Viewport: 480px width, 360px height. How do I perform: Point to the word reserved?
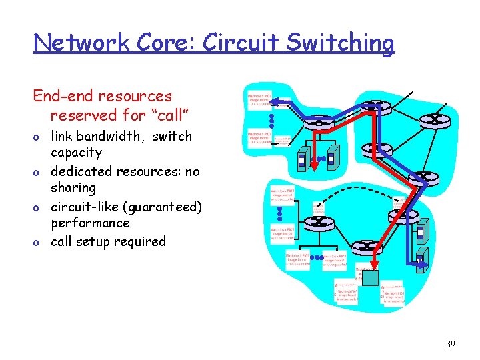tap(83, 115)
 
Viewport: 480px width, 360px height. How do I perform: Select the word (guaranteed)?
tap(159, 207)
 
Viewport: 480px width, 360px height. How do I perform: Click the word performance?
tap(90, 223)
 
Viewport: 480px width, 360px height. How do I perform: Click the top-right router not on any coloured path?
tap(434, 119)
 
